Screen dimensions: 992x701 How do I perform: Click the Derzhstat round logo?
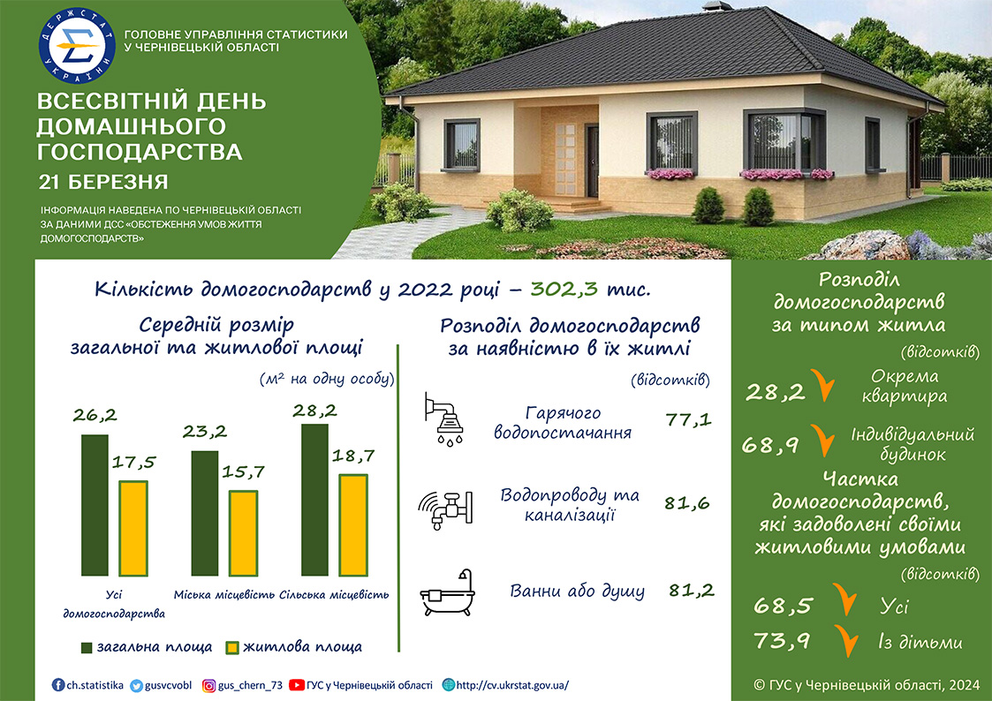tap(77, 46)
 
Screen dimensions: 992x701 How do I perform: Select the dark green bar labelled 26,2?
tap(95, 505)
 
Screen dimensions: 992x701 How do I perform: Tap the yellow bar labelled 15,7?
tap(243, 533)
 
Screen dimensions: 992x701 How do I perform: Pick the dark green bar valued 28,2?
tap(314, 500)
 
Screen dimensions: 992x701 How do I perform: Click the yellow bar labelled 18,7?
tap(353, 524)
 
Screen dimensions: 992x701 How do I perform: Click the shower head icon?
tap(443, 419)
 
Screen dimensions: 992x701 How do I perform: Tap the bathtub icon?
tap(447, 592)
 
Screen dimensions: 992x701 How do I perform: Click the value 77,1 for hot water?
tap(688, 419)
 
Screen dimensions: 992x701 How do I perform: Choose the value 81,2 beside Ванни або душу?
tap(692, 591)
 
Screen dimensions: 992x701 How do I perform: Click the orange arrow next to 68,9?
tap(823, 441)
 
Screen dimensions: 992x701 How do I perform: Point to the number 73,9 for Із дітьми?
tap(782, 641)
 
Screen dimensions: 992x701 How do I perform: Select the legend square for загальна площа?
tap(87, 648)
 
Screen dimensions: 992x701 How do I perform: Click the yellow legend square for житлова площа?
tap(233, 648)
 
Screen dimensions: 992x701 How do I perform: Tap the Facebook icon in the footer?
tap(58, 685)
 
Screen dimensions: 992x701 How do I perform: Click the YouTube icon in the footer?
tap(296, 685)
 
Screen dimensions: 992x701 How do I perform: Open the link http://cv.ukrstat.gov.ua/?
tap(511, 685)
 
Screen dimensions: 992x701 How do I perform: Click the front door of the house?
tap(592, 161)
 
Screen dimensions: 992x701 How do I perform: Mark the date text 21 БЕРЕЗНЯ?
tap(103, 183)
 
